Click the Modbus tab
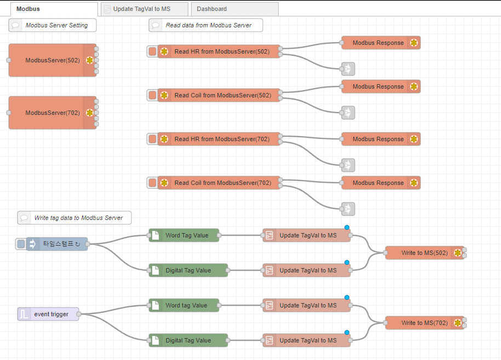[x=28, y=9]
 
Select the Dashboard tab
[x=212, y=9]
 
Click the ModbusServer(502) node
[x=52, y=60]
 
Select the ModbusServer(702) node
[x=52, y=113]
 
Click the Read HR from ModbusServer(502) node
[x=222, y=51]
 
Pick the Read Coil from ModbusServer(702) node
[x=222, y=183]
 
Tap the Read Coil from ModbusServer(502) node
[x=222, y=95]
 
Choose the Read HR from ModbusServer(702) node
[x=222, y=139]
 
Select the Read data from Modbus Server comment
[x=208, y=25]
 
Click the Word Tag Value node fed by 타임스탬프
[x=186, y=235]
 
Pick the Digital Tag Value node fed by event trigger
[x=188, y=340]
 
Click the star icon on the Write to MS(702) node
[x=457, y=323]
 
